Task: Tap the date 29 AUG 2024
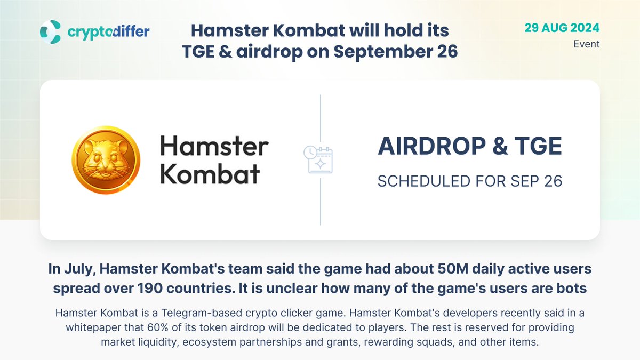tap(562, 28)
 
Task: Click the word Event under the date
tap(586, 44)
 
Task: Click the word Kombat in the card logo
tap(210, 174)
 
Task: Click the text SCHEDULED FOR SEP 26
tap(470, 181)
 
